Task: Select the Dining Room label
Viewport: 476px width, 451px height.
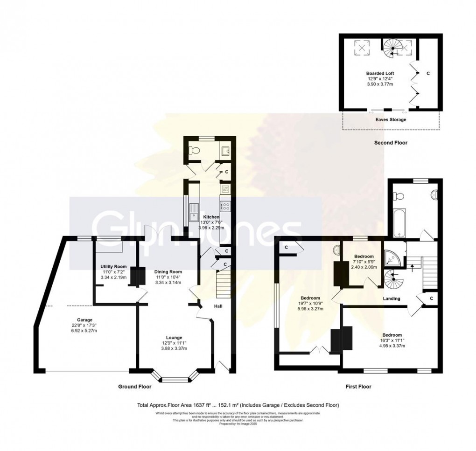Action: point(168,271)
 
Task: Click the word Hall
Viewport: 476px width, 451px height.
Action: point(217,306)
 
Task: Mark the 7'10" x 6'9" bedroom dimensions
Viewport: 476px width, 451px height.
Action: point(363,262)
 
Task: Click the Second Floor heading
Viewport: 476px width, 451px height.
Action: point(391,143)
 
